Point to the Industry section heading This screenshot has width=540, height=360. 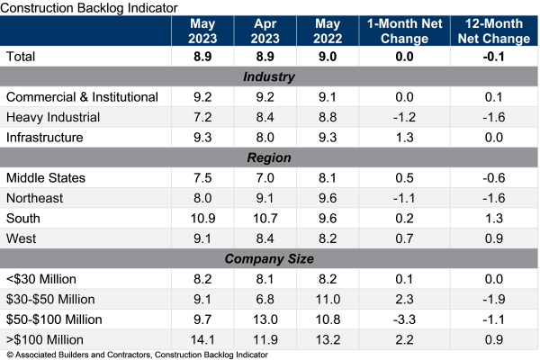coord(270,76)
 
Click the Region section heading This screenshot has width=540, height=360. coord(270,157)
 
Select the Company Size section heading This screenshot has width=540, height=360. coord(270,258)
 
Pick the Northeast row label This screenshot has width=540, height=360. coord(36,198)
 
